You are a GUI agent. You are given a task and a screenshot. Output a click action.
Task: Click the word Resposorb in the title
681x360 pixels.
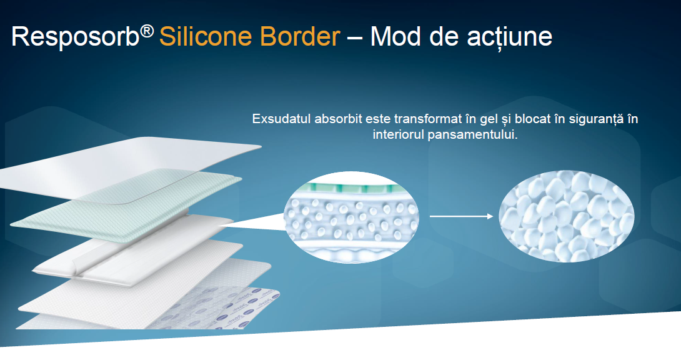(x=75, y=37)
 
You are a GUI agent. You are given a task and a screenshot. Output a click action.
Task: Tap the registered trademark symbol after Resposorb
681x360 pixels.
(x=147, y=31)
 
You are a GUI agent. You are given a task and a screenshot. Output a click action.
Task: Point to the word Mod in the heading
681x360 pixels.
(x=395, y=36)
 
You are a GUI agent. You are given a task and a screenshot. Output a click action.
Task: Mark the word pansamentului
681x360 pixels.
(x=472, y=134)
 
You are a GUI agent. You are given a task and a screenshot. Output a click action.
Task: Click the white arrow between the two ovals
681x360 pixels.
(x=461, y=216)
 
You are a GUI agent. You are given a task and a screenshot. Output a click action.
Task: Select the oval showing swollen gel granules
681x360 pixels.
(x=566, y=216)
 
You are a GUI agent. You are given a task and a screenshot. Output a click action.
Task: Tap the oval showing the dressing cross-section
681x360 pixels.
(x=351, y=217)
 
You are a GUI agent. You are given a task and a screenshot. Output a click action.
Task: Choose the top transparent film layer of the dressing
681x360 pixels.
(x=131, y=169)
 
